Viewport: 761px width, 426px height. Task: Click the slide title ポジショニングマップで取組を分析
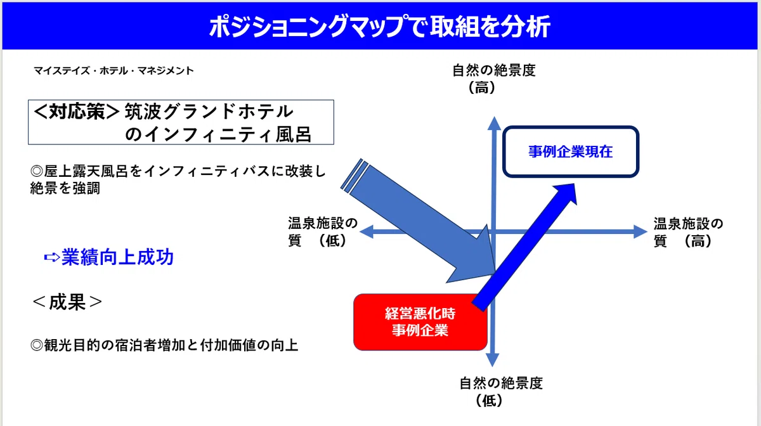tap(379, 26)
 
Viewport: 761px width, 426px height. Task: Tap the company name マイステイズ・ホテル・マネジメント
tap(114, 70)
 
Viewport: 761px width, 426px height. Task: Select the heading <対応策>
tap(77, 112)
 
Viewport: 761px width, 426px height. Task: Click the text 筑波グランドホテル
tap(209, 112)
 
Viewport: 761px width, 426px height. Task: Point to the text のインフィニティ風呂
tap(218, 134)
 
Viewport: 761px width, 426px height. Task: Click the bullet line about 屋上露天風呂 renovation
tap(178, 179)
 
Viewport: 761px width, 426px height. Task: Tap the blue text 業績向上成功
tap(117, 257)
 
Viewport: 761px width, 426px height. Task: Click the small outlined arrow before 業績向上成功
tap(52, 257)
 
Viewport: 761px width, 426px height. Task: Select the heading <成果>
tap(67, 302)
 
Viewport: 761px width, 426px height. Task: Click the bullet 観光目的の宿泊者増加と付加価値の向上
tap(164, 345)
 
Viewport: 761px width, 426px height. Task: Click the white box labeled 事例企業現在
tap(571, 152)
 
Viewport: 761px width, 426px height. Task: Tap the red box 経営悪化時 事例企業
tap(420, 322)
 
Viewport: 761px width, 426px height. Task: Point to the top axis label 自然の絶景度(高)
tap(494, 79)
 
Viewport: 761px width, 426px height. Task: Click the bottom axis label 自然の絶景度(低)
tap(501, 392)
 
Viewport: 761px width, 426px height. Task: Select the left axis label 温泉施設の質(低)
tap(323, 232)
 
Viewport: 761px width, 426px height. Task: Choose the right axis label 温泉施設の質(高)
tap(688, 233)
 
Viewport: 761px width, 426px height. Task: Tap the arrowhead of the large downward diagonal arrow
tap(476, 259)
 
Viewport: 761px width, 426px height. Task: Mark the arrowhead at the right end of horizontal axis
tap(641, 232)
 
